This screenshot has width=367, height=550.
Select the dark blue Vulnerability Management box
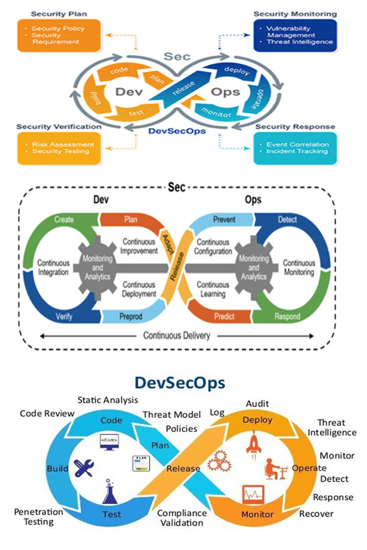coord(296,35)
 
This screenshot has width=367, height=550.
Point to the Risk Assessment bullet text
coord(63,145)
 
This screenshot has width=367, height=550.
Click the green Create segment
coord(64,219)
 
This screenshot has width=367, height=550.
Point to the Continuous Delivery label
coord(176,335)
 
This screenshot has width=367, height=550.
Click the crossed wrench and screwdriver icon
coord(82,468)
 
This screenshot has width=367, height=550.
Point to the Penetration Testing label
coord(38,516)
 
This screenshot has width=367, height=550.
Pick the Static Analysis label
coord(103,400)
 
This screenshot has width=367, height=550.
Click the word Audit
coord(257,404)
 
